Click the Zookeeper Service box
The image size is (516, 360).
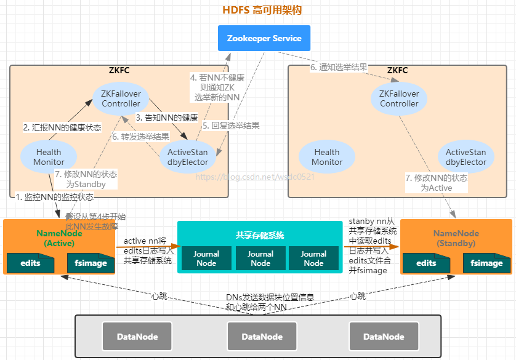click(264, 38)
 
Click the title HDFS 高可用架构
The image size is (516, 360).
click(262, 10)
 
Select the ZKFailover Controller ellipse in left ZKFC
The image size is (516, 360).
click(121, 98)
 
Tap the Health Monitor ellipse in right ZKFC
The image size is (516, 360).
click(327, 157)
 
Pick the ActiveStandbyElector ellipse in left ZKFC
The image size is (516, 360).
click(188, 157)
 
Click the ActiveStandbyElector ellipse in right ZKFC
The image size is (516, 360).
click(466, 157)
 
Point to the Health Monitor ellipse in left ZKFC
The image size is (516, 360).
click(49, 157)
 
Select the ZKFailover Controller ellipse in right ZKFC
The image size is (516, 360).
click(399, 98)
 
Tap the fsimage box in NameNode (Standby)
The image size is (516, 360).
click(486, 263)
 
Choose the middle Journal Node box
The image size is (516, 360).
click(260, 258)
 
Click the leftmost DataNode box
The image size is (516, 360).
click(138, 337)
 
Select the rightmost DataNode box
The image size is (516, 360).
click(384, 337)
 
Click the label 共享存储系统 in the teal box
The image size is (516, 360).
click(260, 235)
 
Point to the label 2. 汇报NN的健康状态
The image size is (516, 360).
click(62, 127)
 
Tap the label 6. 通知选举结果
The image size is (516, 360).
click(339, 67)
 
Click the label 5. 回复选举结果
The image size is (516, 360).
click(231, 126)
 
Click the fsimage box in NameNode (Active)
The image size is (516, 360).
click(91, 263)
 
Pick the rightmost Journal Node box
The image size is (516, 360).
click(313, 258)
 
